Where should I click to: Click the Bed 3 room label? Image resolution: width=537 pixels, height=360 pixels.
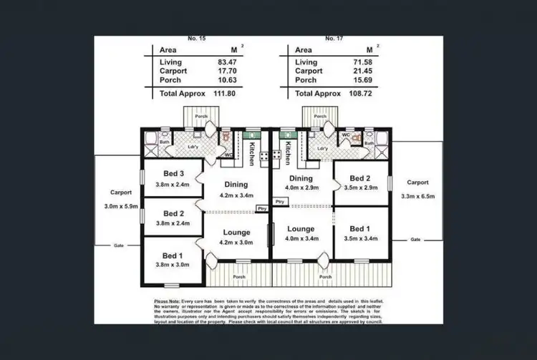coord(173,173)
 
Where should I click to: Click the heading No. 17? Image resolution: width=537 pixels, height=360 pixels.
coord(331,37)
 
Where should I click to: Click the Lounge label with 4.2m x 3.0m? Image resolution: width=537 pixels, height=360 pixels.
coord(236,233)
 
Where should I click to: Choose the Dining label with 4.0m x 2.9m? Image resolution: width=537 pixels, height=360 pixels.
coord(301,178)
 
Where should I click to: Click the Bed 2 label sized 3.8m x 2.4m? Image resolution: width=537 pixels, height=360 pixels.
coord(173,213)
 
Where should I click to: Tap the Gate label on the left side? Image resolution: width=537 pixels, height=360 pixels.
coord(119,245)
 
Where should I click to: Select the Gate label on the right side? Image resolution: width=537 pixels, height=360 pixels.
coord(415,239)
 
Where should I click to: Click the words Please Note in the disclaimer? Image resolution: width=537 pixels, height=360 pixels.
coord(166,301)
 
